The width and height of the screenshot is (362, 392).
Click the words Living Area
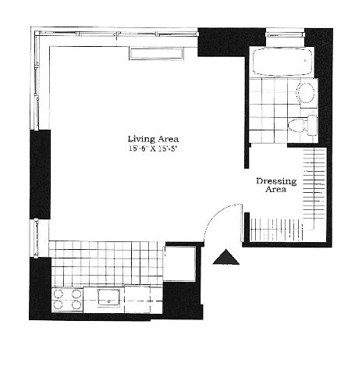tap(153, 139)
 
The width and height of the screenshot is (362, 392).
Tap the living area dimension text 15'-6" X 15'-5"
tap(153, 148)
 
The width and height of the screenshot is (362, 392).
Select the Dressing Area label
tap(276, 185)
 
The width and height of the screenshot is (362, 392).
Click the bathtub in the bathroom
tap(282, 62)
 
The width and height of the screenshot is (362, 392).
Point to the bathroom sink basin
tap(306, 93)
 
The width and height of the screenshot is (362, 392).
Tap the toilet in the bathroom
tap(303, 125)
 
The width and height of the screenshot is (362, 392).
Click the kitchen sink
tap(108, 297)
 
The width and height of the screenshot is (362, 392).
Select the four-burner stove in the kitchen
tap(67, 299)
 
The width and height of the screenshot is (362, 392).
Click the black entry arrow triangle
tap(225, 257)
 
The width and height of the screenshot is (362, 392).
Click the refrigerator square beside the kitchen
tap(179, 263)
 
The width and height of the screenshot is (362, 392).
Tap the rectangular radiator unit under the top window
tap(157, 54)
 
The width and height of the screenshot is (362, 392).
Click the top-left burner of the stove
tap(58, 294)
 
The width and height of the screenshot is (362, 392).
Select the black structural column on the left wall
tap(40, 174)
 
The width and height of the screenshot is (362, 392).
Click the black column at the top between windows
tap(232, 42)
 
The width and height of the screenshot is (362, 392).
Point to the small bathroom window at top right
tap(285, 34)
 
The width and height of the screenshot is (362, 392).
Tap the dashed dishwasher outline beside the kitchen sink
tap(137, 299)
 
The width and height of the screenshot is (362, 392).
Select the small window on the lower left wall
tap(36, 238)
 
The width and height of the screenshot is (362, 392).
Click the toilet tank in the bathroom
tap(313, 126)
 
